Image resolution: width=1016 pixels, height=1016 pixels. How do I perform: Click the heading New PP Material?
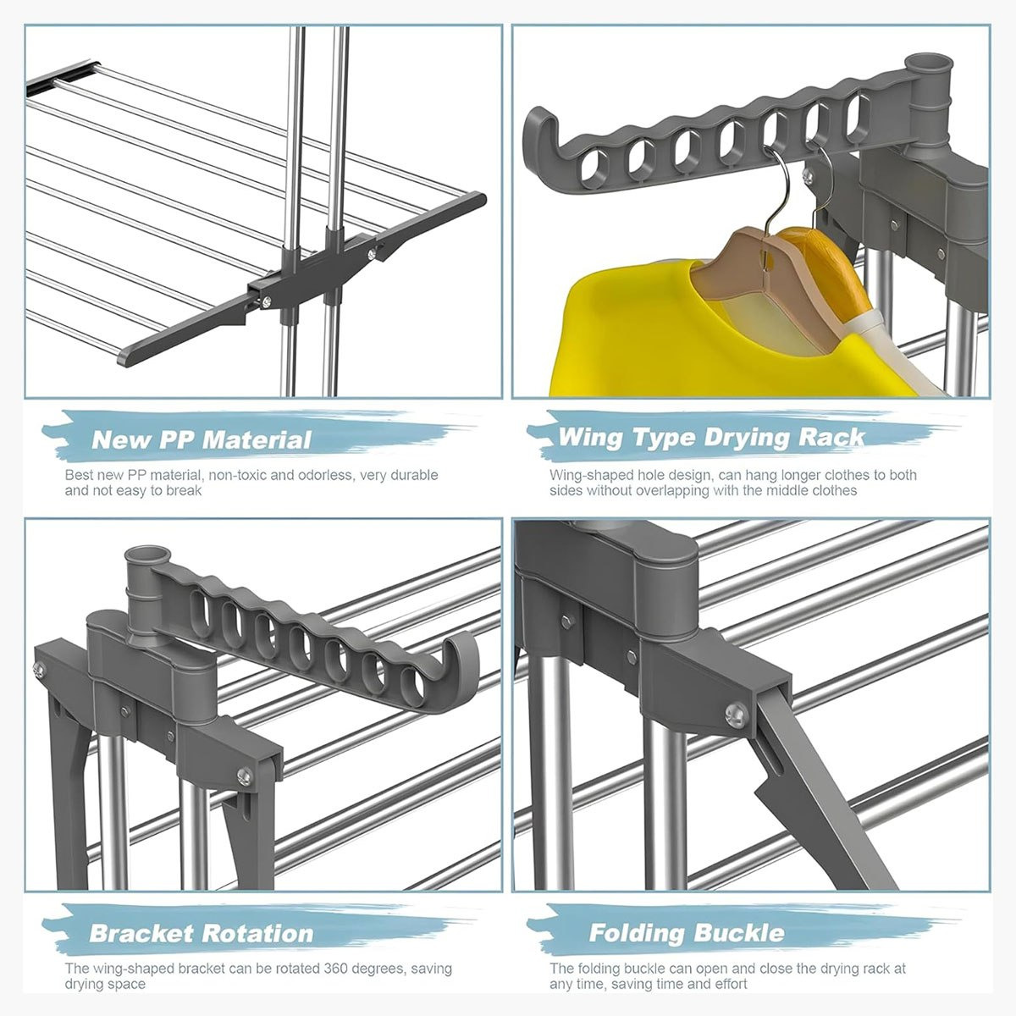pos(202,439)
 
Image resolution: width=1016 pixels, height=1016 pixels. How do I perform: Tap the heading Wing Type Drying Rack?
pos(711,437)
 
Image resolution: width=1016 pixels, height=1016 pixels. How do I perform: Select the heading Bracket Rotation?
pos(202,933)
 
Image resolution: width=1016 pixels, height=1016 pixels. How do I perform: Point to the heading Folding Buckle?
pos(687,933)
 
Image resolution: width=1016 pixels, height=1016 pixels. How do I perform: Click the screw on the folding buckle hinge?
pos(736,715)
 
